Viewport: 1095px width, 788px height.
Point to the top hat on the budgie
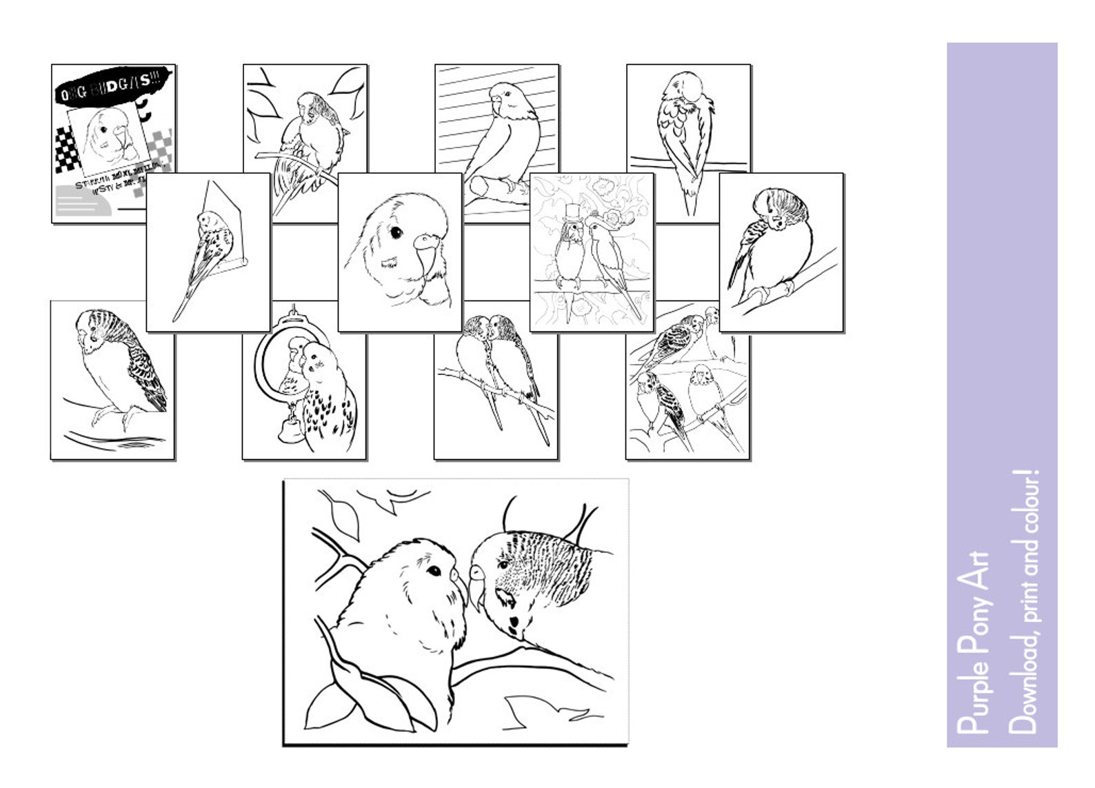coord(570,211)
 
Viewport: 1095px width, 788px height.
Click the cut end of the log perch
coord(477,187)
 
